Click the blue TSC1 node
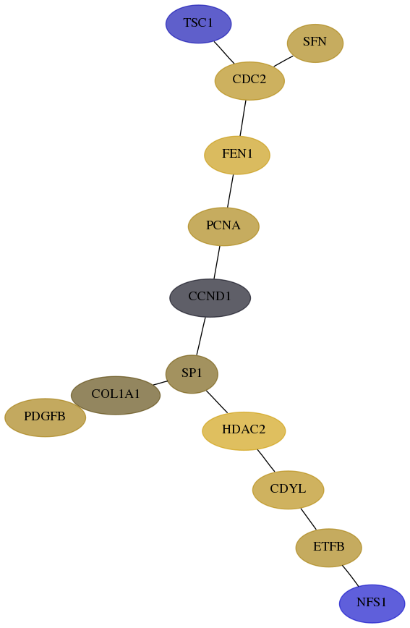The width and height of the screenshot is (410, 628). [x=198, y=24]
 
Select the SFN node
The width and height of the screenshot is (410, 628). [x=315, y=43]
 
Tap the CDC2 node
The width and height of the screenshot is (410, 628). [x=249, y=81]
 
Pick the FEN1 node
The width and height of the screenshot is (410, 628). [x=237, y=155]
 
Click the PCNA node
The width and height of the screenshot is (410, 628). [x=223, y=226]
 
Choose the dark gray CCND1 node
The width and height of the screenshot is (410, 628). [x=210, y=297]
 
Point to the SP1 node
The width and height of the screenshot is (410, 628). [x=192, y=374]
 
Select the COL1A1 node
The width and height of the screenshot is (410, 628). [x=115, y=395]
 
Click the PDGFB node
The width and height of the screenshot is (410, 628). [x=45, y=417]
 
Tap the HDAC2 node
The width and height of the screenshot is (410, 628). [x=244, y=431]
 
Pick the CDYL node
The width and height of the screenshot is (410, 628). [x=288, y=490]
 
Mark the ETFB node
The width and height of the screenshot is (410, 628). [x=328, y=548]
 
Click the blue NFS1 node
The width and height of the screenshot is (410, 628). [x=372, y=603]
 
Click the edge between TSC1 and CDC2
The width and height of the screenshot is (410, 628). [x=224, y=53]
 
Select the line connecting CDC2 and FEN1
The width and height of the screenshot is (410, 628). [x=243, y=118]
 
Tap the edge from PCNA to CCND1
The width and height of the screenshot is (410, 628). [x=217, y=262]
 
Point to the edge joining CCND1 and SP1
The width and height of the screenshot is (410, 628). [x=200, y=336]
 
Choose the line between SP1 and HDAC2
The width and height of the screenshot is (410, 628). [x=217, y=402]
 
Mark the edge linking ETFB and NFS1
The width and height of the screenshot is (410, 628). [x=350, y=576]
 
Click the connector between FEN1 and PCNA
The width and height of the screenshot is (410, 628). [x=230, y=191]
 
